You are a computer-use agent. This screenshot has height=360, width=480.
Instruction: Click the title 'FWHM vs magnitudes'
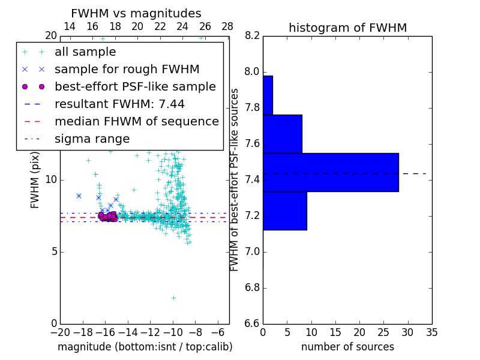[136, 13]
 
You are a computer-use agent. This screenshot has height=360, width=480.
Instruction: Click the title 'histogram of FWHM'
[347, 28]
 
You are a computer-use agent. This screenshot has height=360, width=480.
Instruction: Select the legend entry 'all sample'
[85, 52]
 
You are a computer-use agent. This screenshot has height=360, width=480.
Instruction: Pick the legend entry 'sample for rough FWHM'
[127, 70]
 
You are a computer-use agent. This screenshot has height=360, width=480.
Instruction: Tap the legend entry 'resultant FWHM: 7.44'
[119, 104]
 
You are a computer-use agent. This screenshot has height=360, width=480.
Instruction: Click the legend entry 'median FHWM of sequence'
[136, 122]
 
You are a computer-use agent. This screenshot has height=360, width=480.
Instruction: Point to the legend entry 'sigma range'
[92, 139]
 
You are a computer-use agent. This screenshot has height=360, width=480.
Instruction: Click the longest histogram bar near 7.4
[331, 172]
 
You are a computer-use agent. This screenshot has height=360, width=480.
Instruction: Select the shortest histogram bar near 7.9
[268, 95]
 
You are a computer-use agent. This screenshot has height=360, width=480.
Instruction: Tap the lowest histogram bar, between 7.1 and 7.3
[284, 211]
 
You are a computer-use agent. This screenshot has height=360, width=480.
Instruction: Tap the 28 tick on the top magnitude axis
[227, 27]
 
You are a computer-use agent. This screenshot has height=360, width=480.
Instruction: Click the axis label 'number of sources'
[347, 347]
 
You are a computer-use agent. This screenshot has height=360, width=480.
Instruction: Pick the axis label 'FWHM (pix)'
[35, 179]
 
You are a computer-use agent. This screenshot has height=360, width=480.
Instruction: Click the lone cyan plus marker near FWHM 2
[173, 298]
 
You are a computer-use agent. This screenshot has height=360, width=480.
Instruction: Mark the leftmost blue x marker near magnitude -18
[79, 196]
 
